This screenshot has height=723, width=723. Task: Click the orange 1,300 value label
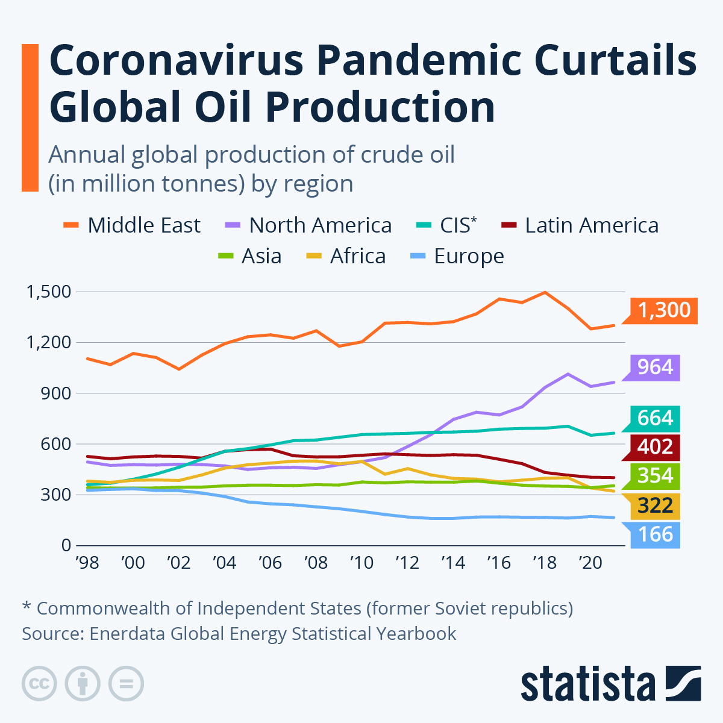point(663,310)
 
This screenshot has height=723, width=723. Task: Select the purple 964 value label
point(655,367)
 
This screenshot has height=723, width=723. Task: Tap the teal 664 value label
point(655,418)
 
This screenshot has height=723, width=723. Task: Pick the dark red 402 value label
point(655,447)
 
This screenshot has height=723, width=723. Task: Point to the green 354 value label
point(655,476)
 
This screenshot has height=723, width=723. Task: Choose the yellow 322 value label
point(655,505)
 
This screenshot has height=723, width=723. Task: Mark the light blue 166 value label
point(655,534)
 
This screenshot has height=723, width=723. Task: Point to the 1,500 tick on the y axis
point(48,292)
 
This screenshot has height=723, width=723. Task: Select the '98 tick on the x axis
point(87,563)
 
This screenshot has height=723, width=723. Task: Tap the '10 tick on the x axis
point(361,563)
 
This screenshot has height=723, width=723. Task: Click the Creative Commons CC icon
point(39,684)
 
